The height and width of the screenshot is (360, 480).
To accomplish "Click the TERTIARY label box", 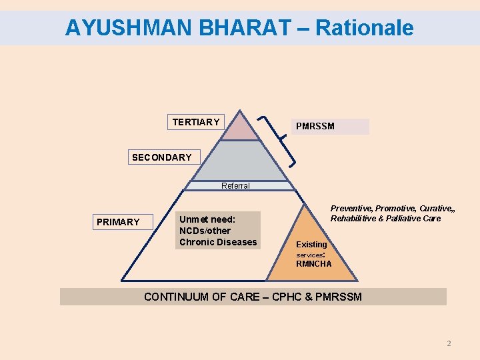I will [195, 122].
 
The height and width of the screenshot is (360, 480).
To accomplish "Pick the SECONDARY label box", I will [162, 157].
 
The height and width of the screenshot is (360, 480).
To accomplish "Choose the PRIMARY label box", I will [119, 222].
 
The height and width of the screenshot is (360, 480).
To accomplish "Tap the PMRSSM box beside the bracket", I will [330, 126].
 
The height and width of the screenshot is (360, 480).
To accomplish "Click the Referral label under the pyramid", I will [236, 186].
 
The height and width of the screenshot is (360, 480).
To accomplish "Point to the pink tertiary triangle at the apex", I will [240, 129].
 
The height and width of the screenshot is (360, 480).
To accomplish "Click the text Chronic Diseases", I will [218, 242].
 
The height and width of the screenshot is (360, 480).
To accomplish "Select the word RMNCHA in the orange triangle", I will [314, 264].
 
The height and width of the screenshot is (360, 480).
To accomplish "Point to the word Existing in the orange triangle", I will [311, 244].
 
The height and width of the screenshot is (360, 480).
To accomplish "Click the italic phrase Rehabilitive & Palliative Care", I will [385, 219].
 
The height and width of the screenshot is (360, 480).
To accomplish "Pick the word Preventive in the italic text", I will [351, 209].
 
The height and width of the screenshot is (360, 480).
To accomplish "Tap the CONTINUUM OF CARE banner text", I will [253, 297].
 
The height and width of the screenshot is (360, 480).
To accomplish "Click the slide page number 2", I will [449, 343].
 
